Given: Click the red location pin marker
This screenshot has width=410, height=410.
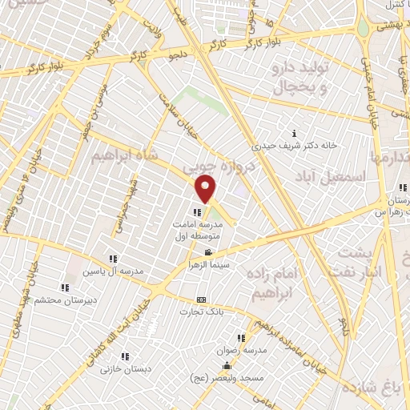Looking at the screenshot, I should point(207,189).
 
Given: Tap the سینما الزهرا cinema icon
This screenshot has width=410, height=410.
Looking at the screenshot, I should point(208,252).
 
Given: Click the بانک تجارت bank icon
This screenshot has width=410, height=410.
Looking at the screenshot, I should point(201,300).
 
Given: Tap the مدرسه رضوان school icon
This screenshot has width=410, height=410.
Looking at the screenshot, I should point(241,339).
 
